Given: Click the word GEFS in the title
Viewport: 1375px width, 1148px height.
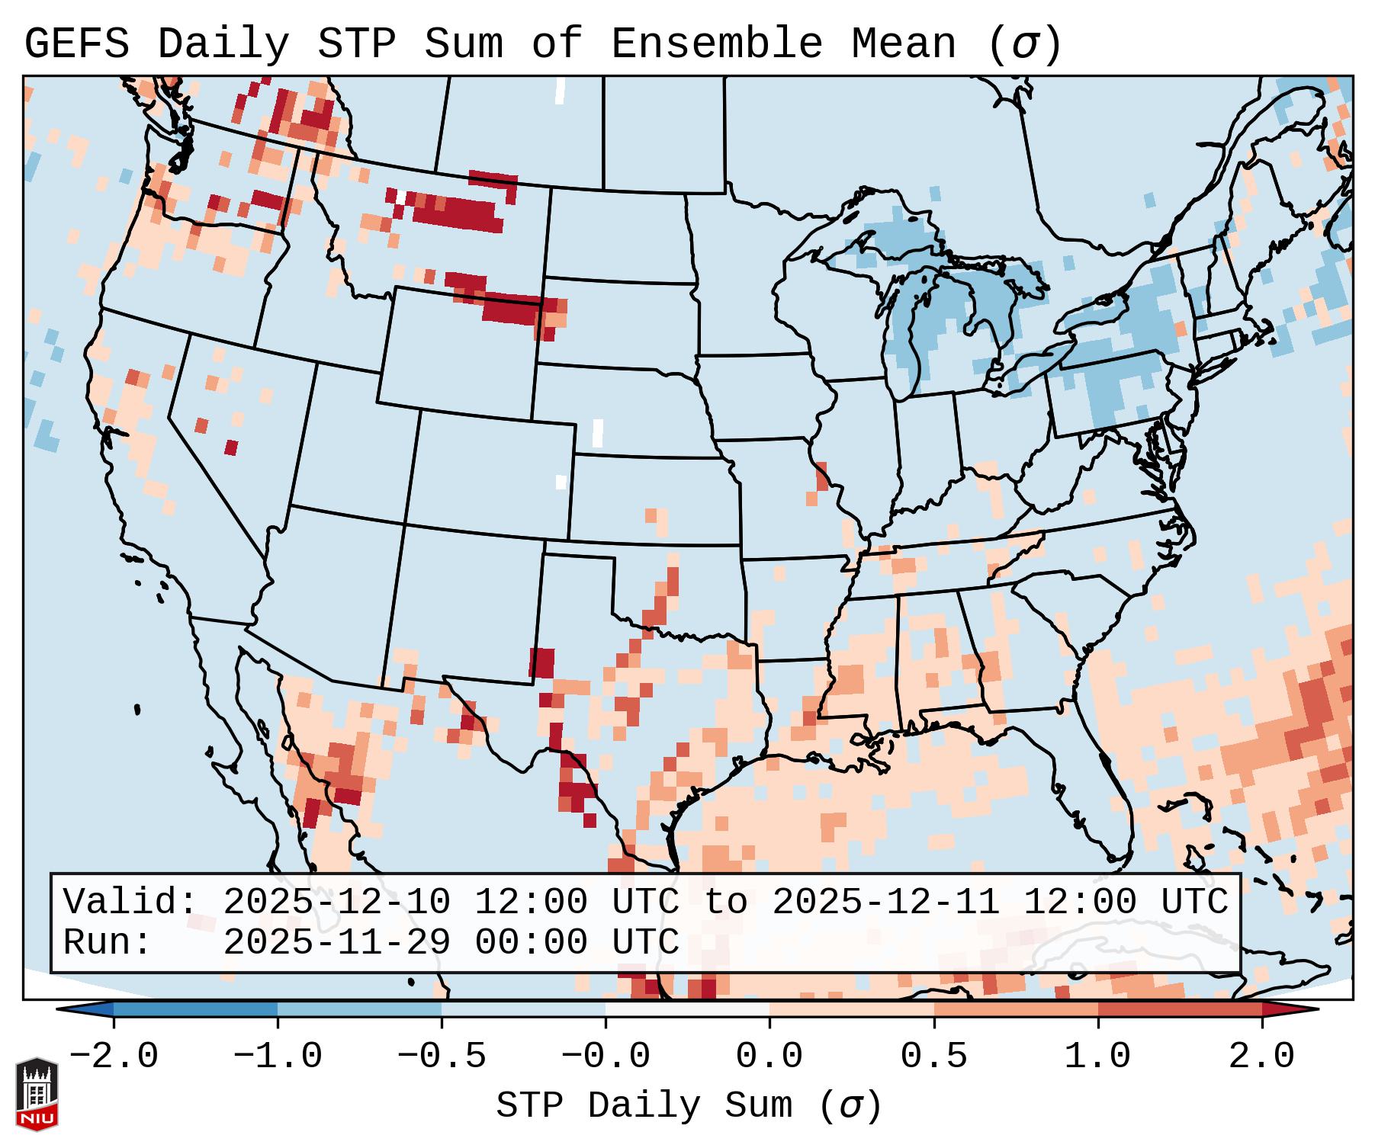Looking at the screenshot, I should click(76, 44).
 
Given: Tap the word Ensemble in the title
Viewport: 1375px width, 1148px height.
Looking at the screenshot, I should click(717, 44).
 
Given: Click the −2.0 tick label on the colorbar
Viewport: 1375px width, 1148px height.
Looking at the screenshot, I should click(114, 1057).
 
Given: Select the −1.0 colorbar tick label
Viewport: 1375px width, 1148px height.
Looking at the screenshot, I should click(278, 1057).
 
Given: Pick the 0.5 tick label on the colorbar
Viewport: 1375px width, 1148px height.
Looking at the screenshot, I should click(933, 1057).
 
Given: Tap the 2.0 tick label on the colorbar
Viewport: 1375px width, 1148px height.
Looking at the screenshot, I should click(1261, 1057).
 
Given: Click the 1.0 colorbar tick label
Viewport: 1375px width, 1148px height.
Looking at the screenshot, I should click(1097, 1057).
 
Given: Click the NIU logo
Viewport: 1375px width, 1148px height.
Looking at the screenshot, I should click(37, 1094).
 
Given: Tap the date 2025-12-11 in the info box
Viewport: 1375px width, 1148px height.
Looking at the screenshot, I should click(885, 902).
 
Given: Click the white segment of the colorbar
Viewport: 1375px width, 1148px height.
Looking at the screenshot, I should click(687, 1009).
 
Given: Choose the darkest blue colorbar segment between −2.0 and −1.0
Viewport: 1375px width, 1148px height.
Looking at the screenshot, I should click(195, 1009).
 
